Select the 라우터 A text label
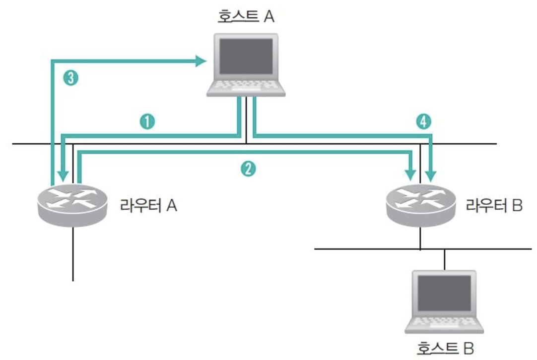pos(148,205)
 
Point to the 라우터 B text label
pos(494,205)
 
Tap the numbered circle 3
pos(71,78)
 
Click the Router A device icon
pos(73,204)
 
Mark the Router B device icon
pos(421,204)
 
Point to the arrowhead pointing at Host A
pos(201,61)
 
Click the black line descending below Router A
pos(73,253)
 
